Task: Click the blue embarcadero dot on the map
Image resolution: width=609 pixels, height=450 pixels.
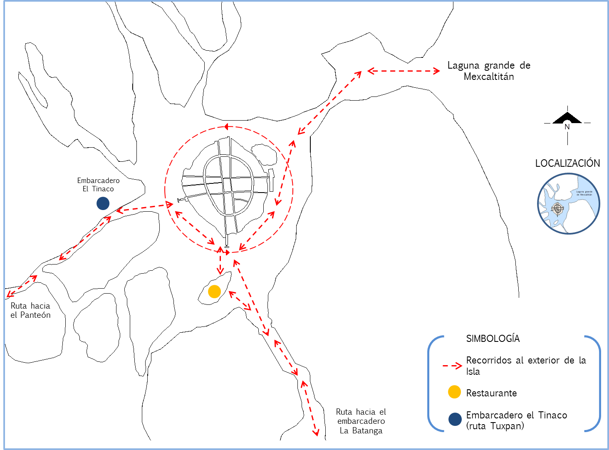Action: [x=103, y=203]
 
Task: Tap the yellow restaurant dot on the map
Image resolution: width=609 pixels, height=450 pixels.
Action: [x=214, y=292]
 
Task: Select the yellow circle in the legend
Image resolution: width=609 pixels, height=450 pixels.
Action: [x=454, y=392]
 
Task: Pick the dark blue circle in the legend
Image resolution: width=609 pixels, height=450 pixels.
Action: [x=455, y=419]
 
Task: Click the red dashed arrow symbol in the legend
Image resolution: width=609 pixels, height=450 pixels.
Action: [x=452, y=366]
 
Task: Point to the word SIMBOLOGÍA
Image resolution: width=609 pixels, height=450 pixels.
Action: [x=493, y=339]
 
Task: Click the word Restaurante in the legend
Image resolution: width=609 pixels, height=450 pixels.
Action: [x=491, y=393]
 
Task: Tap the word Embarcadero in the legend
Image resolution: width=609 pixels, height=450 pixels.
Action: [x=494, y=415]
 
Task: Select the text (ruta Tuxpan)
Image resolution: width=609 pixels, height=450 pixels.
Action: [x=495, y=426]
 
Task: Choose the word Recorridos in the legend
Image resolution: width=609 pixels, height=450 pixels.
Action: [x=489, y=360]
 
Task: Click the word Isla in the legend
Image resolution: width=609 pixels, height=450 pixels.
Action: [x=473, y=371]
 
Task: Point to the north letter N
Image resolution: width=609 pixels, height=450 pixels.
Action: [x=567, y=126]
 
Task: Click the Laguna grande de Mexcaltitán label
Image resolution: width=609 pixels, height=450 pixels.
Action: [x=584, y=193]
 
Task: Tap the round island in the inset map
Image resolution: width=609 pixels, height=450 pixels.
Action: [x=557, y=208]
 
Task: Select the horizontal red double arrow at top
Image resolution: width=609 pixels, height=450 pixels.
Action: [x=403, y=71]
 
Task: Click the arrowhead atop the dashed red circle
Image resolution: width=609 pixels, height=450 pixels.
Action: [x=226, y=126]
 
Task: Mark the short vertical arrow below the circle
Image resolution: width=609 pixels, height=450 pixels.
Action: [x=220, y=262]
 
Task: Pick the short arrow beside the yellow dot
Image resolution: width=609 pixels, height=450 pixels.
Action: [x=240, y=301]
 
